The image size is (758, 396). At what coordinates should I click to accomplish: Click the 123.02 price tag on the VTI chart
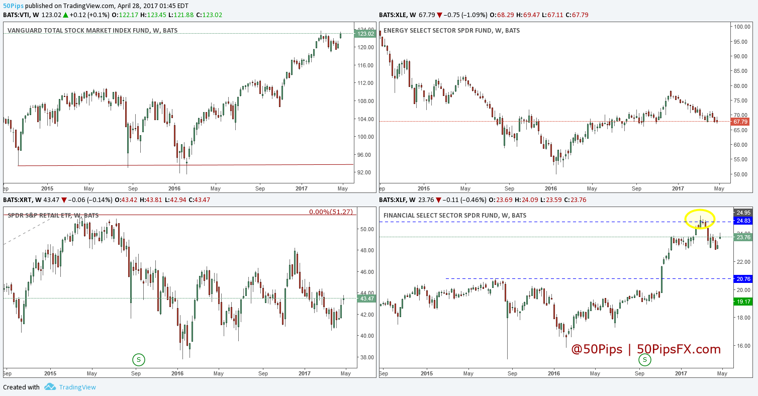pyautogui.click(x=365, y=34)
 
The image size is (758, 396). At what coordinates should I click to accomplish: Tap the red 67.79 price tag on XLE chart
pyautogui.click(x=741, y=122)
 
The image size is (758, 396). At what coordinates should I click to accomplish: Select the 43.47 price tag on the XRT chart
pyautogui.click(x=365, y=299)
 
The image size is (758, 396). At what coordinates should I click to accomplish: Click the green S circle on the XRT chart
pyautogui.click(x=139, y=359)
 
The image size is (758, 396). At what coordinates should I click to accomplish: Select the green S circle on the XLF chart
pyautogui.click(x=644, y=359)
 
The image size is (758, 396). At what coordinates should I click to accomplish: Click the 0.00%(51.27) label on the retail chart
pyautogui.click(x=330, y=212)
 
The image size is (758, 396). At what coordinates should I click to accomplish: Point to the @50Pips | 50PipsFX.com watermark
pyautogui.click(x=646, y=349)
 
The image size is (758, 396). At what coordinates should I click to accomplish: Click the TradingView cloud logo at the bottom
pyautogui.click(x=50, y=387)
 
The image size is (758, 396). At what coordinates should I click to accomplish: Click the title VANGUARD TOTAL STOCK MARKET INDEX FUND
pyautogui.click(x=92, y=31)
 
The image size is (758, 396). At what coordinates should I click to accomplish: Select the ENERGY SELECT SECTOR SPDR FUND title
pyautogui.click(x=451, y=31)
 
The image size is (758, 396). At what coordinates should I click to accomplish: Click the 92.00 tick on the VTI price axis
pyautogui.click(x=364, y=172)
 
